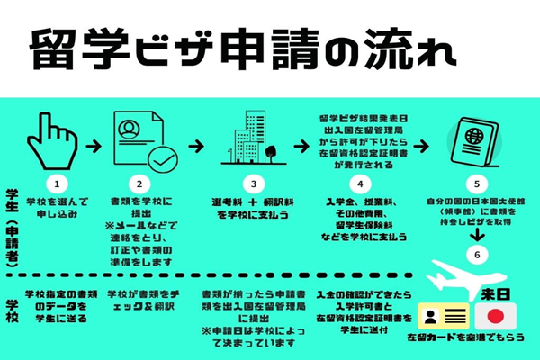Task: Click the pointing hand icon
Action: [56, 137]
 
